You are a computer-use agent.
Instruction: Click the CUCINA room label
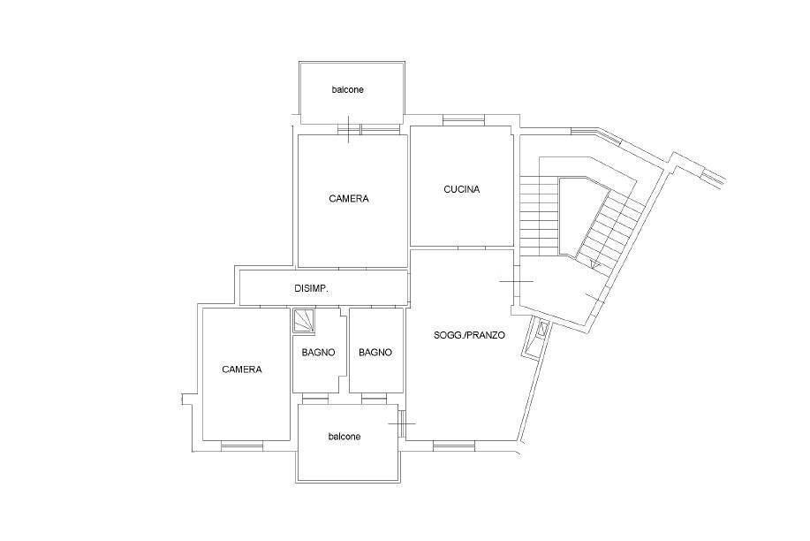coord(461,189)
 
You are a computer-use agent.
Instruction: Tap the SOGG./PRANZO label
coord(469,335)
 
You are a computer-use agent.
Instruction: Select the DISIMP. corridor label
coord(311,288)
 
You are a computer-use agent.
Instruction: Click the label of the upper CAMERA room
coord(349,199)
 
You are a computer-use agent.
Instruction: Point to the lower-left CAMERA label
coord(242,370)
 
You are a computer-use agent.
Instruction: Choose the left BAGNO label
coord(318,352)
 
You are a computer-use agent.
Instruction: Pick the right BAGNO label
coord(375,352)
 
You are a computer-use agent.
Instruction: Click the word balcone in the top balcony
coord(347,89)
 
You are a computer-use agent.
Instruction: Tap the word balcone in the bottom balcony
coord(344,437)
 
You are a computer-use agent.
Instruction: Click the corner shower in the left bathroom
coord(303,320)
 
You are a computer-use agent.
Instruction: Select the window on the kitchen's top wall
coord(464,120)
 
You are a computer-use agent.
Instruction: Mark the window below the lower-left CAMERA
coord(242,446)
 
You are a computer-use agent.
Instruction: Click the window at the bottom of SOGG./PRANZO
coord(453,446)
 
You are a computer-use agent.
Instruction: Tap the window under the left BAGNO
coord(315,400)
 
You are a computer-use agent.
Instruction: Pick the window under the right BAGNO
coord(375,400)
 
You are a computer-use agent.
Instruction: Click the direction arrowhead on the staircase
coord(595,265)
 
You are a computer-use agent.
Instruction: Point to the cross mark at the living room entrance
coord(516,281)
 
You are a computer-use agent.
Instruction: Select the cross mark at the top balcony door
coord(349,129)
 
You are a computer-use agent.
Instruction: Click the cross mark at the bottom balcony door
coord(402,423)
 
